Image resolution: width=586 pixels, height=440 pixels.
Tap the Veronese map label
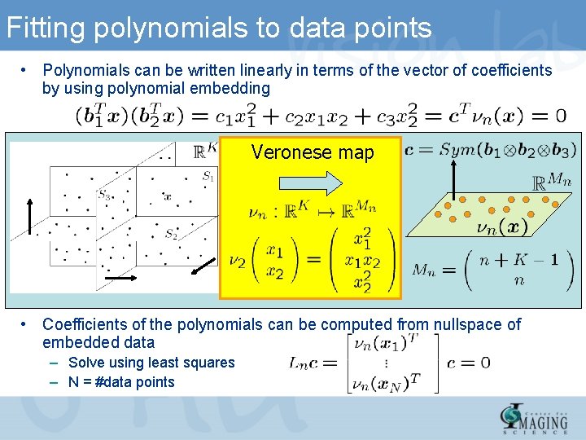click(313, 152)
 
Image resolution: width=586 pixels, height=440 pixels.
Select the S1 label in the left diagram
click(208, 175)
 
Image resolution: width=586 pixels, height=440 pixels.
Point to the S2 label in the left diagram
click(171, 235)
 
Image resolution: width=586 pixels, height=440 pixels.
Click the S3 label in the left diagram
click(104, 194)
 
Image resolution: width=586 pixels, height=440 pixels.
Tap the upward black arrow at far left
click(32, 213)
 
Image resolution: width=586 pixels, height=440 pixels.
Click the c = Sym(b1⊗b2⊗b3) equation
click(491, 150)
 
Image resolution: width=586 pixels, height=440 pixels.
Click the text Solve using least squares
click(151, 363)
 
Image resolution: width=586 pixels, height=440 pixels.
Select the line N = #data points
click(121, 381)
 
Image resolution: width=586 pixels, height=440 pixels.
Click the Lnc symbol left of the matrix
click(308, 363)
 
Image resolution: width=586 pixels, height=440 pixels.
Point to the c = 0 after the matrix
click(469, 363)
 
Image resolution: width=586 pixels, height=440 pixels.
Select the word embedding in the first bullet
click(230, 88)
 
